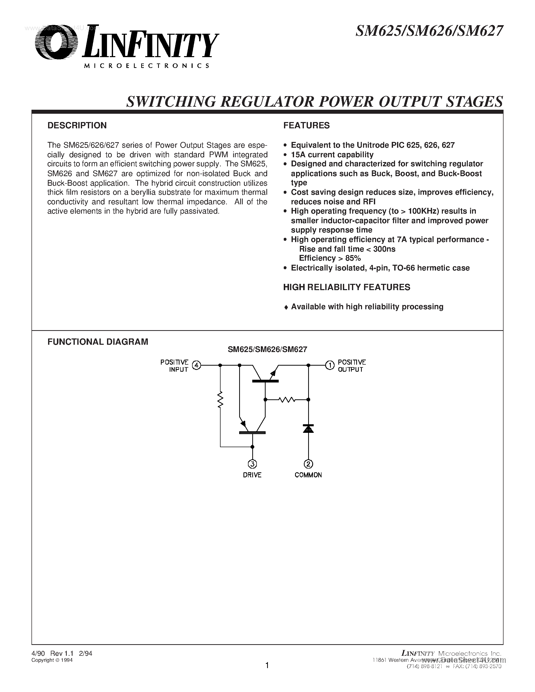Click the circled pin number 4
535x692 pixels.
197,365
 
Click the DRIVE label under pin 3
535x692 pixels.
252,475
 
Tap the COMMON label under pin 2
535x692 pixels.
308,475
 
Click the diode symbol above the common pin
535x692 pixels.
308,428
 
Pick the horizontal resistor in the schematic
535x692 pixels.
287,400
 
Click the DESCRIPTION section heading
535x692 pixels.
77,126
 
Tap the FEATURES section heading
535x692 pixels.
306,126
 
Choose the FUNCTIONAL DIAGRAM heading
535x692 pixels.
98,341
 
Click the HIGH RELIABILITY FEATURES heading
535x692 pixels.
347,287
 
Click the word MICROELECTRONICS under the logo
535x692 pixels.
147,66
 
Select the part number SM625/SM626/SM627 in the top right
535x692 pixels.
430,31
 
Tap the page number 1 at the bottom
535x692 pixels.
267,665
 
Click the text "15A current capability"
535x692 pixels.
332,155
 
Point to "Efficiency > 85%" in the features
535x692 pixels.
330,258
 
